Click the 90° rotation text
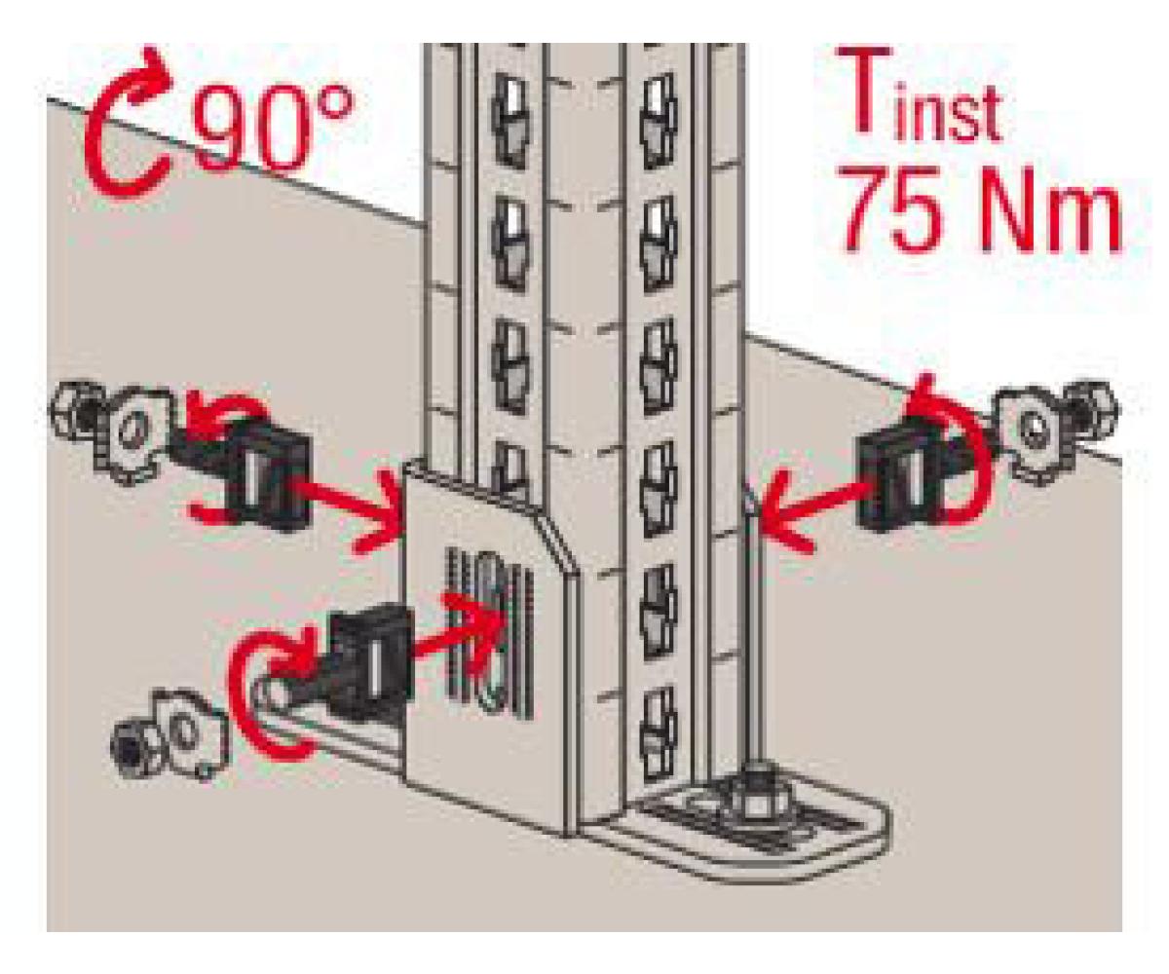273,128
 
